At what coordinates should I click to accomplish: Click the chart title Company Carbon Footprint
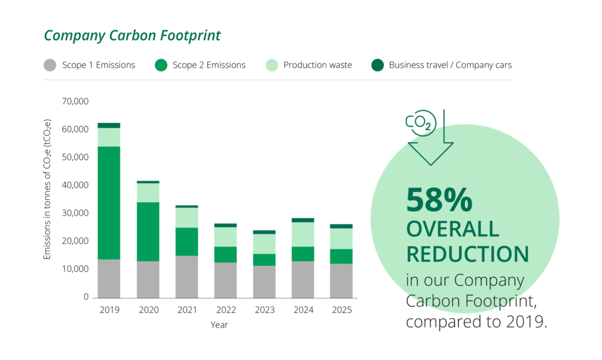pyautogui.click(x=132, y=35)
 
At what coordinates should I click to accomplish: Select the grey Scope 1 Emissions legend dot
pyautogui.click(x=50, y=65)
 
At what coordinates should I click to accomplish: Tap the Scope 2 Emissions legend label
pyautogui.click(x=209, y=65)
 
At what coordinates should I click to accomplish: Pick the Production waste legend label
pyautogui.click(x=317, y=65)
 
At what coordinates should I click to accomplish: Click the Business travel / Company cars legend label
pyautogui.click(x=450, y=65)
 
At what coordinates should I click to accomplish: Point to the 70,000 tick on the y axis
pyautogui.click(x=75, y=101)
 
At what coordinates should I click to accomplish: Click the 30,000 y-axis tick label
pyautogui.click(x=75, y=213)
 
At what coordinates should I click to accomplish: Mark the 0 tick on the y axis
pyautogui.click(x=85, y=297)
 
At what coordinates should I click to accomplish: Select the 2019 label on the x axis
pyautogui.click(x=109, y=310)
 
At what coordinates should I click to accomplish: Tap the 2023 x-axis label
pyautogui.click(x=265, y=310)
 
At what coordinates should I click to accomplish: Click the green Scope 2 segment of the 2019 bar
pyautogui.click(x=109, y=203)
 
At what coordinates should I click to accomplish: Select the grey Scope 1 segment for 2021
pyautogui.click(x=187, y=276)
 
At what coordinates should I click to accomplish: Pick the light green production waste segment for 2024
pyautogui.click(x=303, y=234)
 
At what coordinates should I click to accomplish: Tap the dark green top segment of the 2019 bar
pyautogui.click(x=109, y=125)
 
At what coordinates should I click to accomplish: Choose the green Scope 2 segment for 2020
pyautogui.click(x=148, y=232)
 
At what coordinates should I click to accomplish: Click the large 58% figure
pyautogui.click(x=439, y=201)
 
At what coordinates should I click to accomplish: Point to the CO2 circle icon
pyautogui.click(x=420, y=122)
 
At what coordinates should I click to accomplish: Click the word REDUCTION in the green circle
pyautogui.click(x=467, y=254)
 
